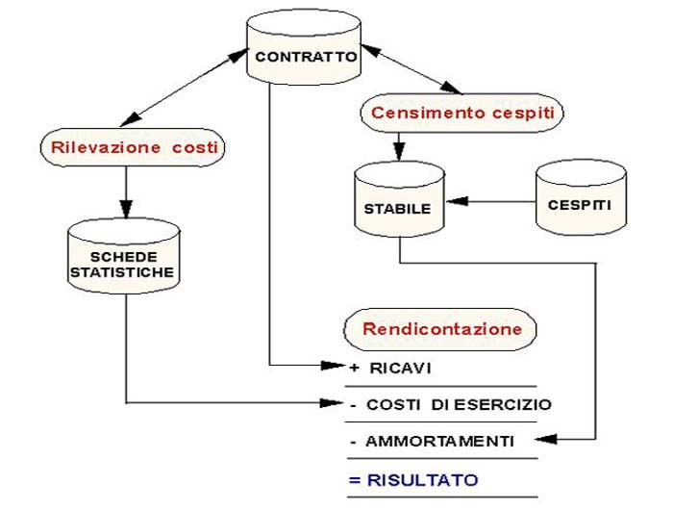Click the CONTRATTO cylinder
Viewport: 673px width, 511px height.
(305, 55)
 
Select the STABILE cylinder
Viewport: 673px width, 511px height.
(398, 205)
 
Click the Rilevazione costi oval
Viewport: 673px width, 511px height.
(131, 148)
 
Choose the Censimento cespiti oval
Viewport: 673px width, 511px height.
(461, 113)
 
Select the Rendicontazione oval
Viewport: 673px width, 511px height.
(441, 329)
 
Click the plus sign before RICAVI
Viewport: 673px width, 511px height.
(355, 368)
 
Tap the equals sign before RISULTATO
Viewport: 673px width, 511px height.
(355, 478)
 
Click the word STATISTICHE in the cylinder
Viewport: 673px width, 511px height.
(122, 272)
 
